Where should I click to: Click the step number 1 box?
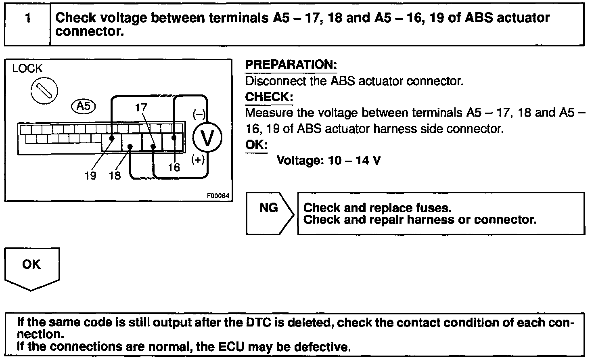(x=27, y=24)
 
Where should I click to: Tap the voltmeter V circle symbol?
(x=207, y=137)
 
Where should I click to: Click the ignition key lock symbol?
(x=44, y=90)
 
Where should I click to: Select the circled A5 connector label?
(x=84, y=106)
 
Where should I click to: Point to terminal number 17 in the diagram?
(x=141, y=107)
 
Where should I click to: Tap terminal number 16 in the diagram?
(x=174, y=167)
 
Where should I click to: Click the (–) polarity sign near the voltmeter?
(x=199, y=115)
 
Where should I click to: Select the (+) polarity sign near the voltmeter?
(x=198, y=160)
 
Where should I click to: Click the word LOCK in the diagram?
(x=27, y=69)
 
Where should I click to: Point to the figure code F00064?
(x=218, y=196)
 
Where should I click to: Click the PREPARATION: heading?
(x=291, y=65)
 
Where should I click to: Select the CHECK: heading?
(x=269, y=97)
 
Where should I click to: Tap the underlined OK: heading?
(x=256, y=144)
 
